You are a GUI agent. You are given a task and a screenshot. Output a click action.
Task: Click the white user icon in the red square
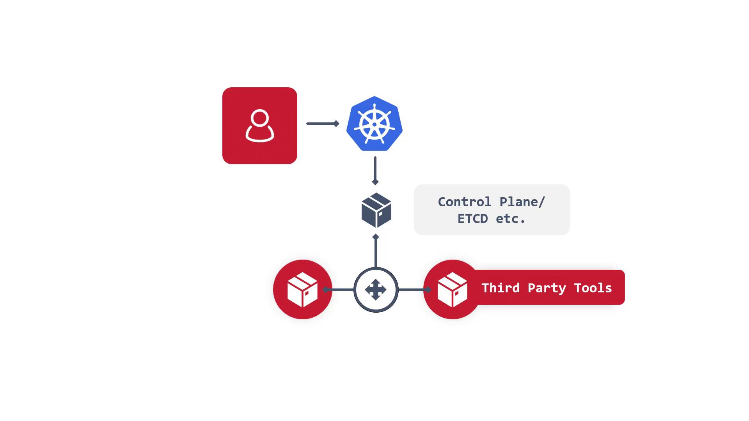[260, 126]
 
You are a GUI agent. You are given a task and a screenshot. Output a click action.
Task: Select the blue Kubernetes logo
[374, 124]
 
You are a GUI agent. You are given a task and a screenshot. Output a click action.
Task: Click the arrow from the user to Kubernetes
[323, 124]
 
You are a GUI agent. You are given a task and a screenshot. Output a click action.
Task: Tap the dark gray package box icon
[376, 210]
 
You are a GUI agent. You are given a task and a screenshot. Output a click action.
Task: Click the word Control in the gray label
[465, 202]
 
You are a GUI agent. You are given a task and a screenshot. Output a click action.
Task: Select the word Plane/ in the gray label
[522, 202]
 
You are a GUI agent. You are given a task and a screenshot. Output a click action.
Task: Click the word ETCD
[473, 219]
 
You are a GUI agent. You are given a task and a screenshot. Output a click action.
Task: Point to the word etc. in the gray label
[511, 219]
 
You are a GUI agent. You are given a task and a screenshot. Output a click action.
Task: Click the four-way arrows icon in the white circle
[376, 290]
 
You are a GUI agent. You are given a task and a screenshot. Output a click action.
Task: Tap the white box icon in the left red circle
[302, 290]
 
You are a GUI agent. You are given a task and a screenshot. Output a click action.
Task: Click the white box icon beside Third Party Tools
[452, 290]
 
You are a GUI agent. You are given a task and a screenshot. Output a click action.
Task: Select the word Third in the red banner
[501, 288]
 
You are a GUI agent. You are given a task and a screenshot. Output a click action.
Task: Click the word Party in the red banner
[547, 288]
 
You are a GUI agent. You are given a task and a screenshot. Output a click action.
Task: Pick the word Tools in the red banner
[593, 288]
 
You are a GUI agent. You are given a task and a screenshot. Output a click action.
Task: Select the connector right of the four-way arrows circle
[414, 290]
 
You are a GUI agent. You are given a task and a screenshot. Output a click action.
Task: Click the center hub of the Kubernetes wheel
[374, 125]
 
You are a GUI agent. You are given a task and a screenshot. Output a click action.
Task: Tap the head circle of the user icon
[260, 118]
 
